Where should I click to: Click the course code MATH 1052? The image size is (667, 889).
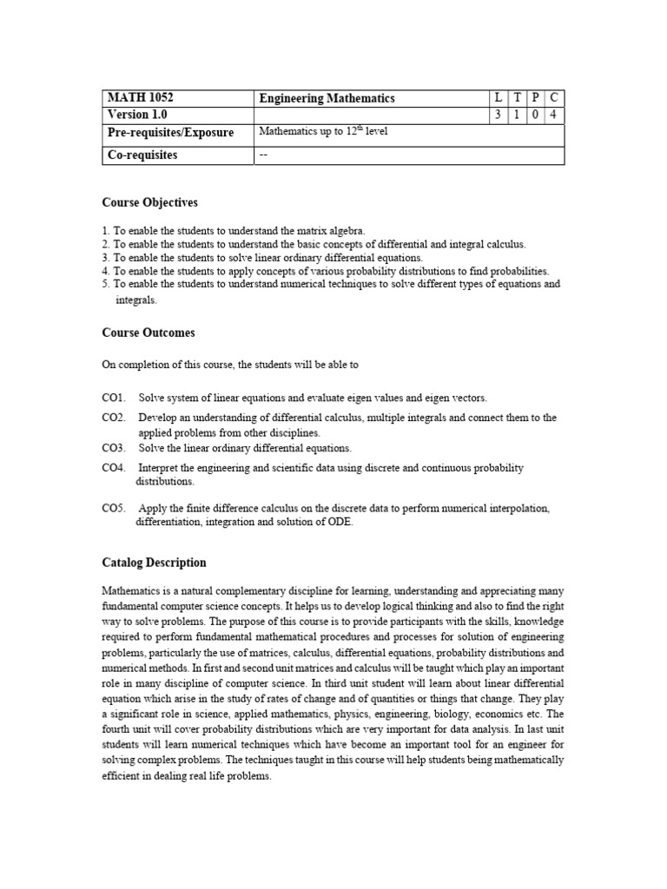(x=134, y=98)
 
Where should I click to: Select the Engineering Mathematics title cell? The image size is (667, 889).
(x=327, y=98)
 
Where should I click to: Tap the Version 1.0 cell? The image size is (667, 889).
(x=136, y=115)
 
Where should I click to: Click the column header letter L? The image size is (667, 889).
(x=499, y=98)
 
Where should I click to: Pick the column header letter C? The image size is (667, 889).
(x=554, y=98)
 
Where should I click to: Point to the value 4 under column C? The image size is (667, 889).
(x=554, y=115)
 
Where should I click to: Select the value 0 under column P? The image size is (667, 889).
(x=536, y=115)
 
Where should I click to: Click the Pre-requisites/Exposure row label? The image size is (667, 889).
(x=170, y=133)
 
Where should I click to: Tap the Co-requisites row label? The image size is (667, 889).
(x=142, y=155)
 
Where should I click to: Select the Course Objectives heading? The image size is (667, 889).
(x=149, y=202)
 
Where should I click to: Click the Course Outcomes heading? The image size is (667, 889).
(x=149, y=333)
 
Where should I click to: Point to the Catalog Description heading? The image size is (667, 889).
(x=154, y=563)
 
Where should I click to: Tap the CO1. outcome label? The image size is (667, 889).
(x=114, y=398)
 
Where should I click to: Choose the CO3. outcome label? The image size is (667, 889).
(x=114, y=448)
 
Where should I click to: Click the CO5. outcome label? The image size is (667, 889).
(x=114, y=508)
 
